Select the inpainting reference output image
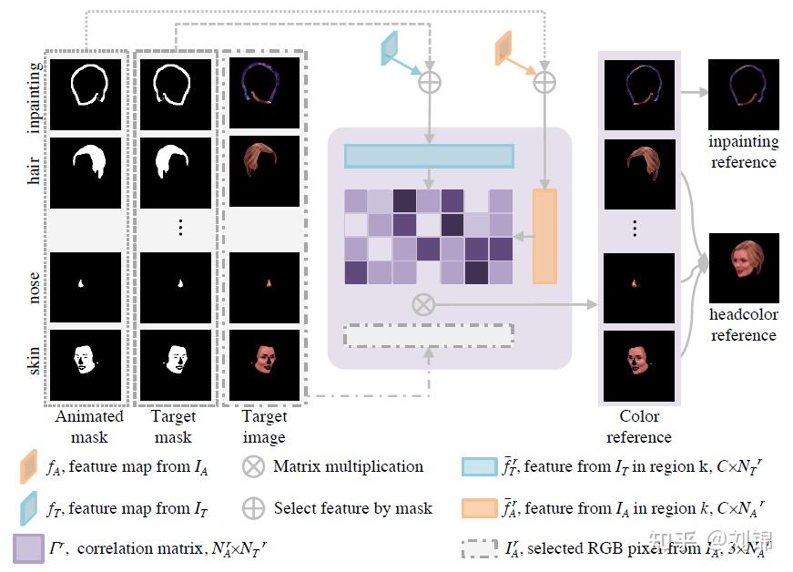(744, 94)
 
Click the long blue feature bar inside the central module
(429, 156)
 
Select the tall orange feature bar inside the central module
(544, 236)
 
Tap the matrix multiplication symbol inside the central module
(422, 304)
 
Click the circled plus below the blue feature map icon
(428, 83)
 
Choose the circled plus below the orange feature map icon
(544, 83)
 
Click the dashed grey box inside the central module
(428, 335)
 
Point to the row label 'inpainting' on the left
(35, 97)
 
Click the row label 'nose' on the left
(35, 284)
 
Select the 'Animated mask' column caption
(89, 426)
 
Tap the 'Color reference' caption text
(638, 426)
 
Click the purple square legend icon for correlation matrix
(28, 547)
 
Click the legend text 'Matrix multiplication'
(348, 466)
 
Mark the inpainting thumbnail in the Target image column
(264, 92)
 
